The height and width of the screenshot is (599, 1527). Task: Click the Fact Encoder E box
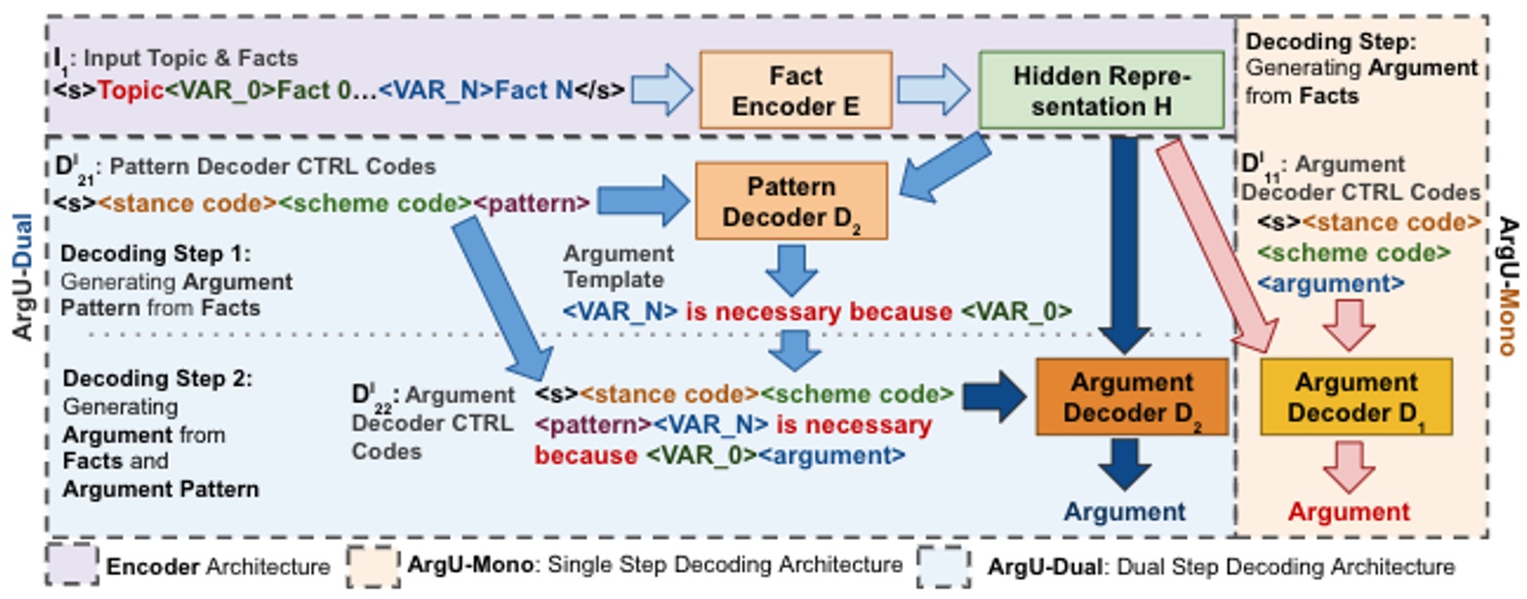pyautogui.click(x=795, y=91)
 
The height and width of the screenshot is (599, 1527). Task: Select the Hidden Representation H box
pyautogui.click(x=1101, y=91)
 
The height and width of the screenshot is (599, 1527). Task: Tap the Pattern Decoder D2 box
pyautogui.click(x=791, y=201)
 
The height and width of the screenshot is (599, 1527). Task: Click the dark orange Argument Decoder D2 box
pyautogui.click(x=1132, y=397)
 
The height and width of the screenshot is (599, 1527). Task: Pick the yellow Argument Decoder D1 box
pyautogui.click(x=1356, y=397)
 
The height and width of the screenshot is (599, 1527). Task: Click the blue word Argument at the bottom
pyautogui.click(x=1124, y=512)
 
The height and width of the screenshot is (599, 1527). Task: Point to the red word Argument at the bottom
pyautogui.click(x=1348, y=512)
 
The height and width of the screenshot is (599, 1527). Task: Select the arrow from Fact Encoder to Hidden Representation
pyautogui.click(x=933, y=90)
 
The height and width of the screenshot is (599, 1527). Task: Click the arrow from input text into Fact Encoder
pyautogui.click(x=663, y=90)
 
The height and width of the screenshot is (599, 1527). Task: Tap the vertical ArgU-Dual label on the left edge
pyautogui.click(x=22, y=276)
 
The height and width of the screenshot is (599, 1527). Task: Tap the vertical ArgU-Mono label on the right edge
pyautogui.click(x=1507, y=286)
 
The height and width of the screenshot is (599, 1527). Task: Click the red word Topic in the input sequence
pyautogui.click(x=130, y=91)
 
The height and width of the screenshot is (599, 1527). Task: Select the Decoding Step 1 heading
pyautogui.click(x=156, y=253)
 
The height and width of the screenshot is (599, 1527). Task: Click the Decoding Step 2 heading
pyautogui.click(x=157, y=378)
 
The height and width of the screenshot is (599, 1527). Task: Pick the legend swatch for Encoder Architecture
pyautogui.click(x=71, y=565)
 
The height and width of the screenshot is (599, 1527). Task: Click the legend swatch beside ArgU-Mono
pyautogui.click(x=373, y=565)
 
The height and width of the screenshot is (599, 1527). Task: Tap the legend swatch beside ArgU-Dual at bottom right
pyautogui.click(x=944, y=566)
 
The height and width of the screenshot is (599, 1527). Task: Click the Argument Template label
pyautogui.click(x=618, y=267)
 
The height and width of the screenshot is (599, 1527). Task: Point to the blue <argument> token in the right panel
pyautogui.click(x=1330, y=284)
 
